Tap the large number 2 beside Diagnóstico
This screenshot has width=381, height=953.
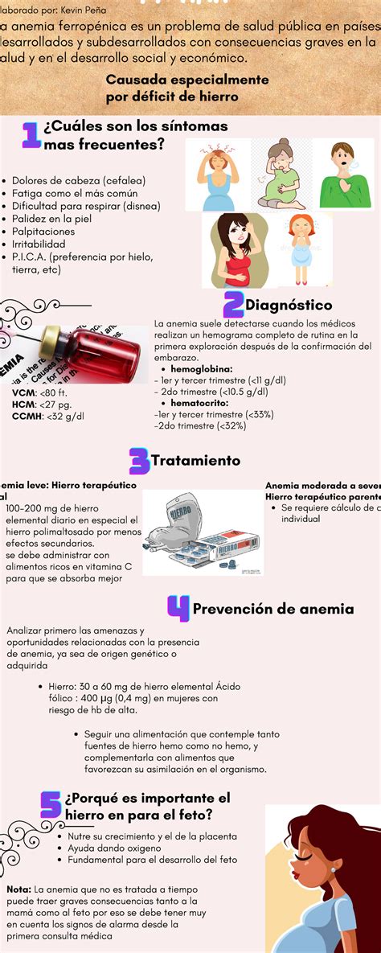pyautogui.click(x=233, y=305)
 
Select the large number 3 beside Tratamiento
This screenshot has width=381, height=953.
pyautogui.click(x=139, y=461)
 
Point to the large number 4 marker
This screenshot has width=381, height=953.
pyautogui.click(x=178, y=608)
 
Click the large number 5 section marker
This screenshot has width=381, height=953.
pyautogui.click(x=51, y=804)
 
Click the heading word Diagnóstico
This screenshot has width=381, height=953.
pyautogui.click(x=289, y=306)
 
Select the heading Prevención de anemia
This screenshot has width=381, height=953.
pyautogui.click(x=273, y=609)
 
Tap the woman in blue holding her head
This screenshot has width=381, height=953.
pyautogui.click(x=217, y=174)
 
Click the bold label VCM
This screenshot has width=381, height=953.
pyautogui.click(x=23, y=393)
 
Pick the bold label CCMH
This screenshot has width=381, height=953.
pyautogui.click(x=27, y=416)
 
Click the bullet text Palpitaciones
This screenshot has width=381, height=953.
pyautogui.click(x=43, y=231)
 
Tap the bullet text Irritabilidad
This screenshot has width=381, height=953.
pyautogui.click(x=39, y=244)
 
